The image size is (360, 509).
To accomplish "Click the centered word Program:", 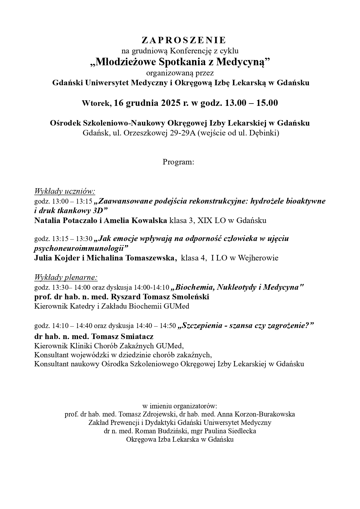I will pos(178,162).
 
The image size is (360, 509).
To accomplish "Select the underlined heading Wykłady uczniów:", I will pos(65,191).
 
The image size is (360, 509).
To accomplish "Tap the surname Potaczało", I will pos(80,220).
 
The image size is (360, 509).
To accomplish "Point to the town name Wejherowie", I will pos(258,258).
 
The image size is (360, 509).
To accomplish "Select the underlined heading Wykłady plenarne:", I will pos(66,278).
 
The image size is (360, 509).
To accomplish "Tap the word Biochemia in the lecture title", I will pos(194,287).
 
